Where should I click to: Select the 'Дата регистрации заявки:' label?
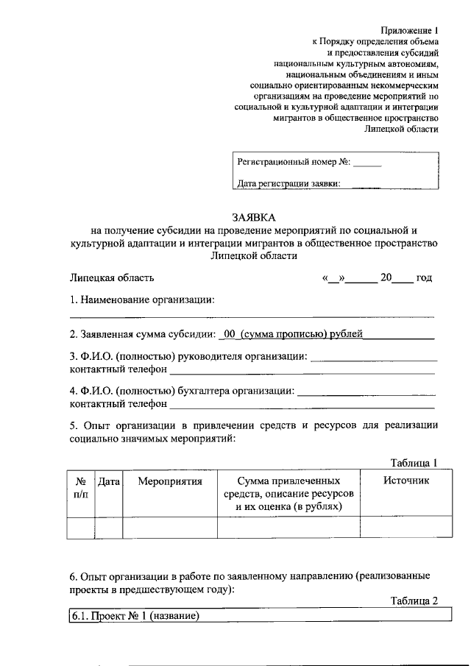[x=288, y=184]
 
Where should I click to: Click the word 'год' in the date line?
[x=424, y=278]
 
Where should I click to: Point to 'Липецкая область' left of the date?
[x=112, y=278]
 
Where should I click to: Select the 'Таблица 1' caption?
[x=414, y=462]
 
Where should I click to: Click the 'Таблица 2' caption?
[x=414, y=601]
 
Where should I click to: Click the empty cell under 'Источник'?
[x=406, y=528]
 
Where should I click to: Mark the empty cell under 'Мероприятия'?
[x=169, y=528]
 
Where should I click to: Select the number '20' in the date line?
[x=386, y=278]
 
